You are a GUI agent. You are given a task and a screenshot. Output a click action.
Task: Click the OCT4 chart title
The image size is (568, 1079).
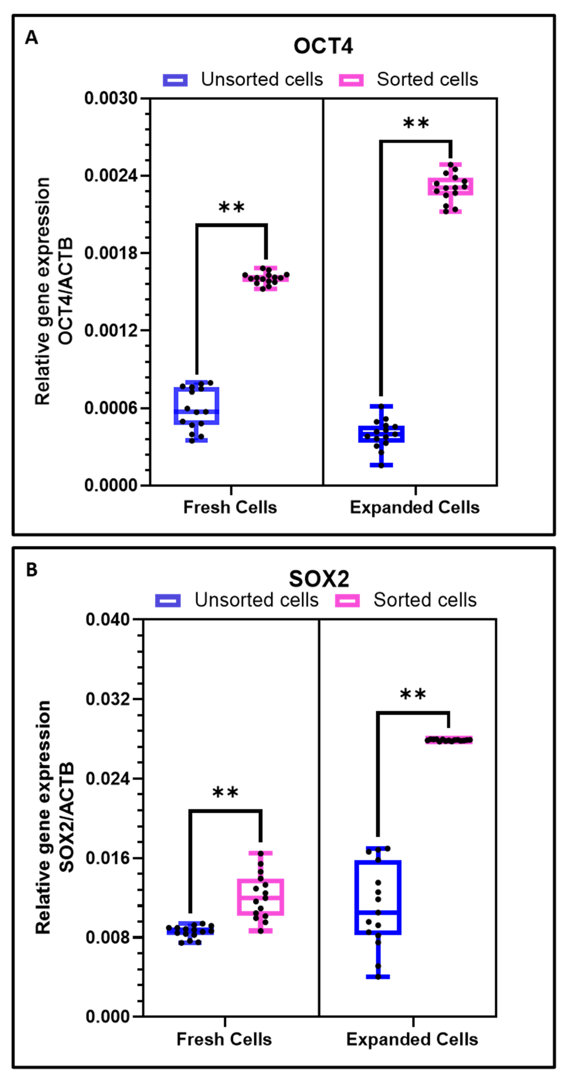pyautogui.click(x=323, y=46)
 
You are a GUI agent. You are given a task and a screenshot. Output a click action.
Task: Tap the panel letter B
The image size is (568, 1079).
pyautogui.click(x=31, y=570)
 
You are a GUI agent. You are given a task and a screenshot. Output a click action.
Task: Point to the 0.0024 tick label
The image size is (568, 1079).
pyautogui.click(x=111, y=176)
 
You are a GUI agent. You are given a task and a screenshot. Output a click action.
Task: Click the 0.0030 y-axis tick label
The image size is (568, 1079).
pyautogui.click(x=111, y=98)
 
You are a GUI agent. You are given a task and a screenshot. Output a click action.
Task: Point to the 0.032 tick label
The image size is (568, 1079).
pyautogui.click(x=108, y=699)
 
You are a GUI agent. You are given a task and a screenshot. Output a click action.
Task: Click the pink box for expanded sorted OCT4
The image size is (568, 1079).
pyautogui.click(x=450, y=186)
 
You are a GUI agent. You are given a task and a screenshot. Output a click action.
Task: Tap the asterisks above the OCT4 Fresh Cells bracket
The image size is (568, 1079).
pyautogui.click(x=231, y=207)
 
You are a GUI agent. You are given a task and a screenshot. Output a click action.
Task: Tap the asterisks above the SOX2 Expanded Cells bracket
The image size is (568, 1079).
pyautogui.click(x=413, y=694)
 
